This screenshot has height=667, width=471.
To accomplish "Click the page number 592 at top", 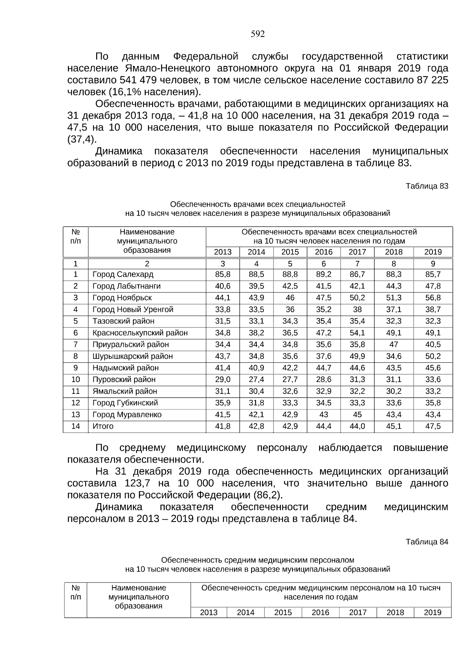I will (x=258, y=34).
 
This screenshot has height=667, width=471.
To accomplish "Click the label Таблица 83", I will (x=427, y=186).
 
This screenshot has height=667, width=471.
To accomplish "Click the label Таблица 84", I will (x=427, y=542).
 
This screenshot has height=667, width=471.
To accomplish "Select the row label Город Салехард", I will (x=123, y=274).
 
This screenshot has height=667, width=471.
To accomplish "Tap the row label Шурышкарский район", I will (x=132, y=356).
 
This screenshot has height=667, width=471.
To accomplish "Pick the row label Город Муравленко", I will (x=127, y=415).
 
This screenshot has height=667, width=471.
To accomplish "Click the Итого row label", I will (x=103, y=426).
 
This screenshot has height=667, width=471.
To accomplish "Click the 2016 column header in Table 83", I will (x=323, y=252).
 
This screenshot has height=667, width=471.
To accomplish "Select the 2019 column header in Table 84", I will (x=433, y=612).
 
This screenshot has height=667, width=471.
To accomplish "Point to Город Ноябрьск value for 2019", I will (x=433, y=298).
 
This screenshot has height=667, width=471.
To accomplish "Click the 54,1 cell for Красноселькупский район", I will (x=357, y=333).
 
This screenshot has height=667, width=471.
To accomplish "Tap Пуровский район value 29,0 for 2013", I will (x=223, y=380).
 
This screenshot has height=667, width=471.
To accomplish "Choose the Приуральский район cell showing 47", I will (x=394, y=345).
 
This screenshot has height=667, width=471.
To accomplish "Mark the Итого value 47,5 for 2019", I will (x=433, y=426).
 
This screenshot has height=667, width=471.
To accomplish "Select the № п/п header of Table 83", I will (x=75, y=237).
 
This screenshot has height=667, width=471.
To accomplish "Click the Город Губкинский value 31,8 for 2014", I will (x=256, y=403).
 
